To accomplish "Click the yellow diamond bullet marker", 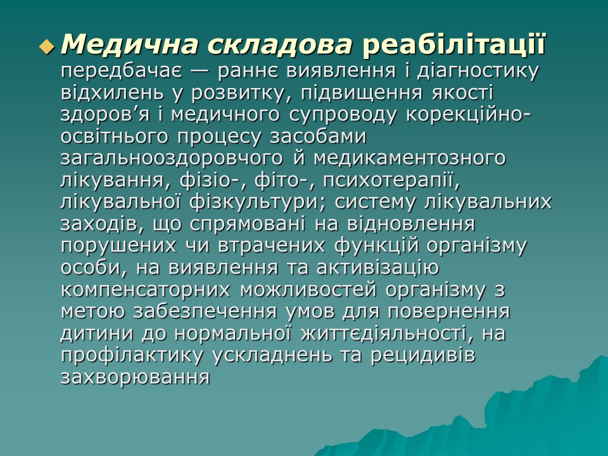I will coord(46,46).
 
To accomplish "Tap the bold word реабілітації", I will coord(453,44).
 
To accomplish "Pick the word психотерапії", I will coord(389,180).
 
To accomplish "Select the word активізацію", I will coord(372,267).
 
